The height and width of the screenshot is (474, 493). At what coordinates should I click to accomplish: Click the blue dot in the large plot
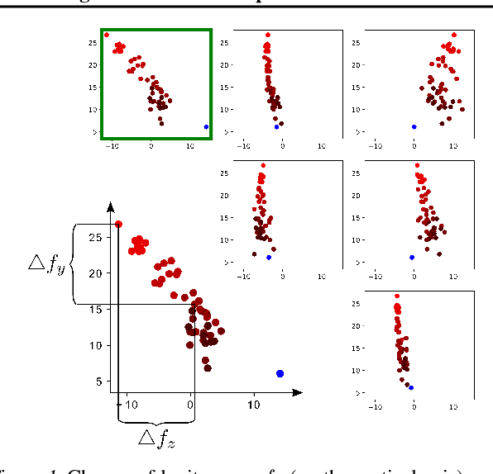point(280,374)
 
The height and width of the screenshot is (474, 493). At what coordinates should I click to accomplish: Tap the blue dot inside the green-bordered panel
point(206,127)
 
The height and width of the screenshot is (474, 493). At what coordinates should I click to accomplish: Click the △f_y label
point(46,265)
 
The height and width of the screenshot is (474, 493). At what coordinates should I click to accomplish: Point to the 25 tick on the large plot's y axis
point(98,237)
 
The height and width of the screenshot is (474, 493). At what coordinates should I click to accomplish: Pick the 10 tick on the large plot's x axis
point(256,405)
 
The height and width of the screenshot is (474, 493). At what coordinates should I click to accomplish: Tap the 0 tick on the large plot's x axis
point(192,405)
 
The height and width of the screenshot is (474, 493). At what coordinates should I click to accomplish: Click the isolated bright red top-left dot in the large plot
point(118,224)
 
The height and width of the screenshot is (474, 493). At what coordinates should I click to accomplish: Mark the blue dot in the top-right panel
point(414,127)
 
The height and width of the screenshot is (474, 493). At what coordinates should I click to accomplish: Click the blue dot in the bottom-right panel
point(410,387)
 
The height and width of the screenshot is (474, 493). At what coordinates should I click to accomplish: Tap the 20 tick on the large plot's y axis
point(98,273)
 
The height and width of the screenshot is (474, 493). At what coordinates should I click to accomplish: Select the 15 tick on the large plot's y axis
point(98,310)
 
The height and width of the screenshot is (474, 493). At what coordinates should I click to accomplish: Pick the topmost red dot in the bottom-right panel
point(397,296)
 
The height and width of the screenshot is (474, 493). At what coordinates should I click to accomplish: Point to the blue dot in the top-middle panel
point(276,127)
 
